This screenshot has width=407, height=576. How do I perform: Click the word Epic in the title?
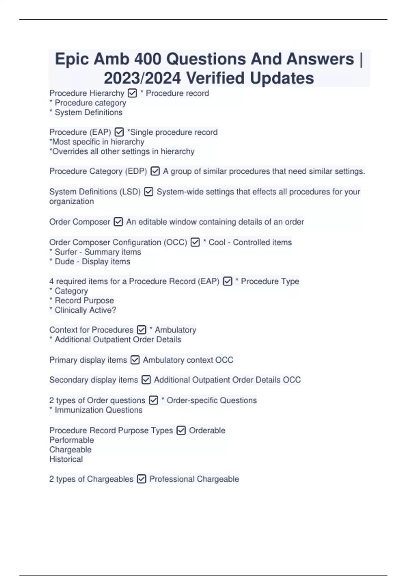click(x=72, y=59)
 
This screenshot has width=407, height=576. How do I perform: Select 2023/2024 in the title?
click(x=142, y=78)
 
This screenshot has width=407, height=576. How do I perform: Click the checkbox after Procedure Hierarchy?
click(x=132, y=93)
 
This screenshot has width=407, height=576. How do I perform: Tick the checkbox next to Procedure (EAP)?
click(x=119, y=132)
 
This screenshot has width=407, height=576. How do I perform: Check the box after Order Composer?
click(x=118, y=222)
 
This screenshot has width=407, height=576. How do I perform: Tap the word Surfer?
click(x=66, y=252)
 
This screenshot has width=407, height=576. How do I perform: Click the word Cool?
click(x=217, y=242)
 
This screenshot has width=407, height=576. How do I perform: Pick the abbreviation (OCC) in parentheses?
click(x=175, y=242)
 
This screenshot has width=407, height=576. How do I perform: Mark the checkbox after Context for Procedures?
click(x=141, y=330)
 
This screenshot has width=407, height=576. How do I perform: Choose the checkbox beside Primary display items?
click(x=135, y=360)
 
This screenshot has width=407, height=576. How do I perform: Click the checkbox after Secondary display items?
click(x=146, y=380)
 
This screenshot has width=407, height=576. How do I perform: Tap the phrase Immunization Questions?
click(x=98, y=410)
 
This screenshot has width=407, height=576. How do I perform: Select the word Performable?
click(x=72, y=440)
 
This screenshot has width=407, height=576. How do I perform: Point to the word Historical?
click(x=66, y=459)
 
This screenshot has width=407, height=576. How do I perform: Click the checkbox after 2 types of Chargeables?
click(x=141, y=479)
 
